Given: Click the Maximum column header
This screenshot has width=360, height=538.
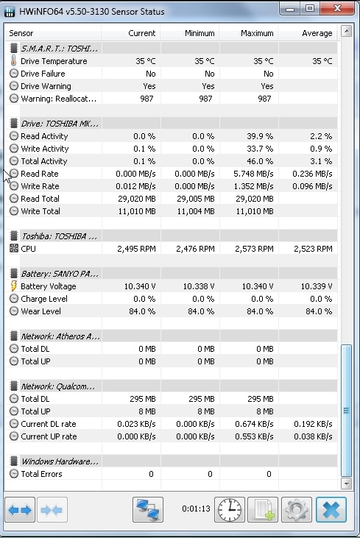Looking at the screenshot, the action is [257, 33].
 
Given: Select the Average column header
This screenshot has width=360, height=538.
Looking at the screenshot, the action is [317, 33].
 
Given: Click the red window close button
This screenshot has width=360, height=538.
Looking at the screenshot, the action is [337, 8].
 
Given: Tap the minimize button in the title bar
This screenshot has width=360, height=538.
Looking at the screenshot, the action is [290, 8].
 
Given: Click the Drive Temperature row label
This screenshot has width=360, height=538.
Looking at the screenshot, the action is [54, 61].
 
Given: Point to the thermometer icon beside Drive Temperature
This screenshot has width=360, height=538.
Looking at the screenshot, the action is [13, 61].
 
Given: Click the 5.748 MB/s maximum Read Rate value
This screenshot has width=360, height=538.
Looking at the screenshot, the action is [253, 174].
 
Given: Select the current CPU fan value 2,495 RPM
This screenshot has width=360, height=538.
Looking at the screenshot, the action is [136, 249].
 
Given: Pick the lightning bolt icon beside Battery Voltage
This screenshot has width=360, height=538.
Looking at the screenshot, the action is [14, 286].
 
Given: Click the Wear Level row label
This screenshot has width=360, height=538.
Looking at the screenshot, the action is [40, 311].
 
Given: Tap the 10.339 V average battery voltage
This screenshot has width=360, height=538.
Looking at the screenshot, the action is [317, 286].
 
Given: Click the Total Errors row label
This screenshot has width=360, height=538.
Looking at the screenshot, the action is [41, 474].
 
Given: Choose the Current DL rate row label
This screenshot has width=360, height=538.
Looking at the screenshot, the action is [49, 424].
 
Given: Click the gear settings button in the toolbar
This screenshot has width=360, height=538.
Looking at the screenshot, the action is [297, 509].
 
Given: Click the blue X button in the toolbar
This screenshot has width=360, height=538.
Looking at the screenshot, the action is [331, 509].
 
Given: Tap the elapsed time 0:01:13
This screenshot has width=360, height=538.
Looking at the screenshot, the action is [196, 509].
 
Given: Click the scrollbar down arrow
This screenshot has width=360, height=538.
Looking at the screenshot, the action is [346, 484].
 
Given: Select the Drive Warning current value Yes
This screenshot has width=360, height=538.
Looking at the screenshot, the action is [149, 86].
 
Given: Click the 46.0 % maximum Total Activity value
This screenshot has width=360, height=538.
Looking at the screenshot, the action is [260, 161].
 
